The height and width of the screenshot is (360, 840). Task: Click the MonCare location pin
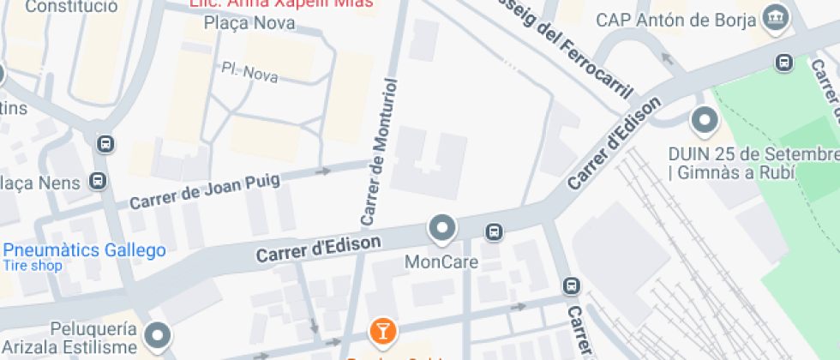coord(442,228)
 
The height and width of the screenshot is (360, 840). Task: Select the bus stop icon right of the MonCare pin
coord(494,231)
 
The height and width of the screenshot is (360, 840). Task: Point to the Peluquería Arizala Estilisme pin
coord(159,335)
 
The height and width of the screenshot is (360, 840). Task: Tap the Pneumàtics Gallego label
coord(84,250)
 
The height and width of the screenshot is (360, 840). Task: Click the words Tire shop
coord(33,266)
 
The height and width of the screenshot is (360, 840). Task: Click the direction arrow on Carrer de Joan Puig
coord(323,171)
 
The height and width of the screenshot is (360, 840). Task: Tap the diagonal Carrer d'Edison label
coord(615,143)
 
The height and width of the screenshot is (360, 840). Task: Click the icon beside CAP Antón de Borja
coord(777,16)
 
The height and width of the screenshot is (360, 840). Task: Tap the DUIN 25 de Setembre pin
coord(705,120)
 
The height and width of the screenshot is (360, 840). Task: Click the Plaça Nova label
coord(249,23)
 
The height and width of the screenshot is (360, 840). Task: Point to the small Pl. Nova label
coord(249,73)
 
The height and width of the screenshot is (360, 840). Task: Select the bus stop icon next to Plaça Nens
coord(99,182)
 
